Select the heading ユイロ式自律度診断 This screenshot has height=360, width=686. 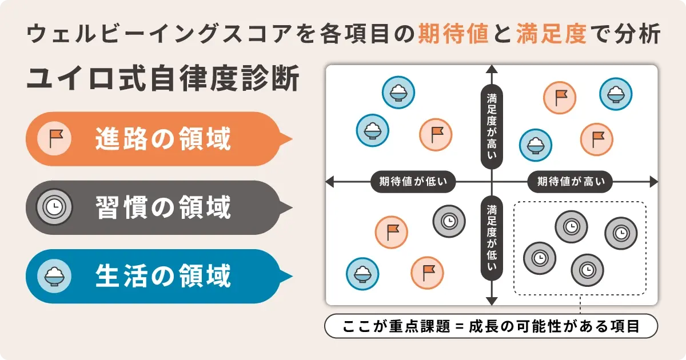(x=163, y=79)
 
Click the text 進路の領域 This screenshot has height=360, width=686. (x=163, y=139)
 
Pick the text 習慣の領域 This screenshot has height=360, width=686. (x=163, y=207)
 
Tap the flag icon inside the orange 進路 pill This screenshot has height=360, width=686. (x=54, y=139)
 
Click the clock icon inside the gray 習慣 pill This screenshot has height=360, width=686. (x=54, y=207)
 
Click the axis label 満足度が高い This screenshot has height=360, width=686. (x=492, y=126)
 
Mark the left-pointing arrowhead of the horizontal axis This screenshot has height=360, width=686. (x=329, y=182)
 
